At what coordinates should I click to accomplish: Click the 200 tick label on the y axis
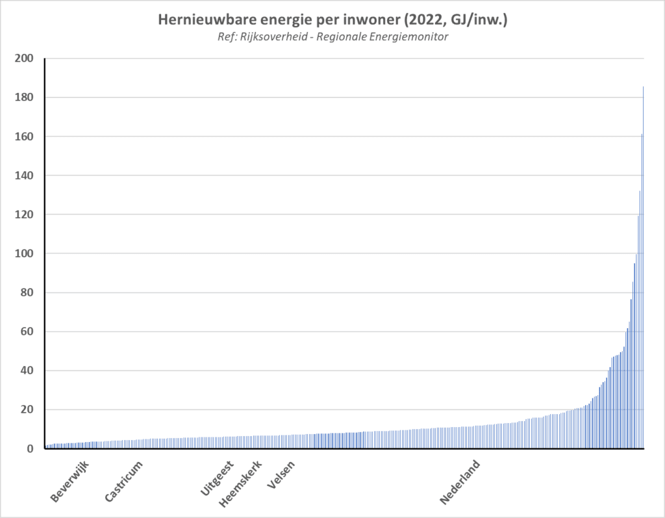tap(25, 58)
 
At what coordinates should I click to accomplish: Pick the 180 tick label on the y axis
tap(25, 97)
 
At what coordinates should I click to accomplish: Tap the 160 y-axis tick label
tap(25, 136)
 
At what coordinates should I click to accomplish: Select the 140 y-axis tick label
tap(25, 175)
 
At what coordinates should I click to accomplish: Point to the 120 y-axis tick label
tap(25, 214)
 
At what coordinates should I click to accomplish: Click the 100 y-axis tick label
tap(25, 253)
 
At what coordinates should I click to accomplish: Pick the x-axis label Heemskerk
tap(241, 484)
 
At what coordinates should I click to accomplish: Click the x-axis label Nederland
tap(460, 482)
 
